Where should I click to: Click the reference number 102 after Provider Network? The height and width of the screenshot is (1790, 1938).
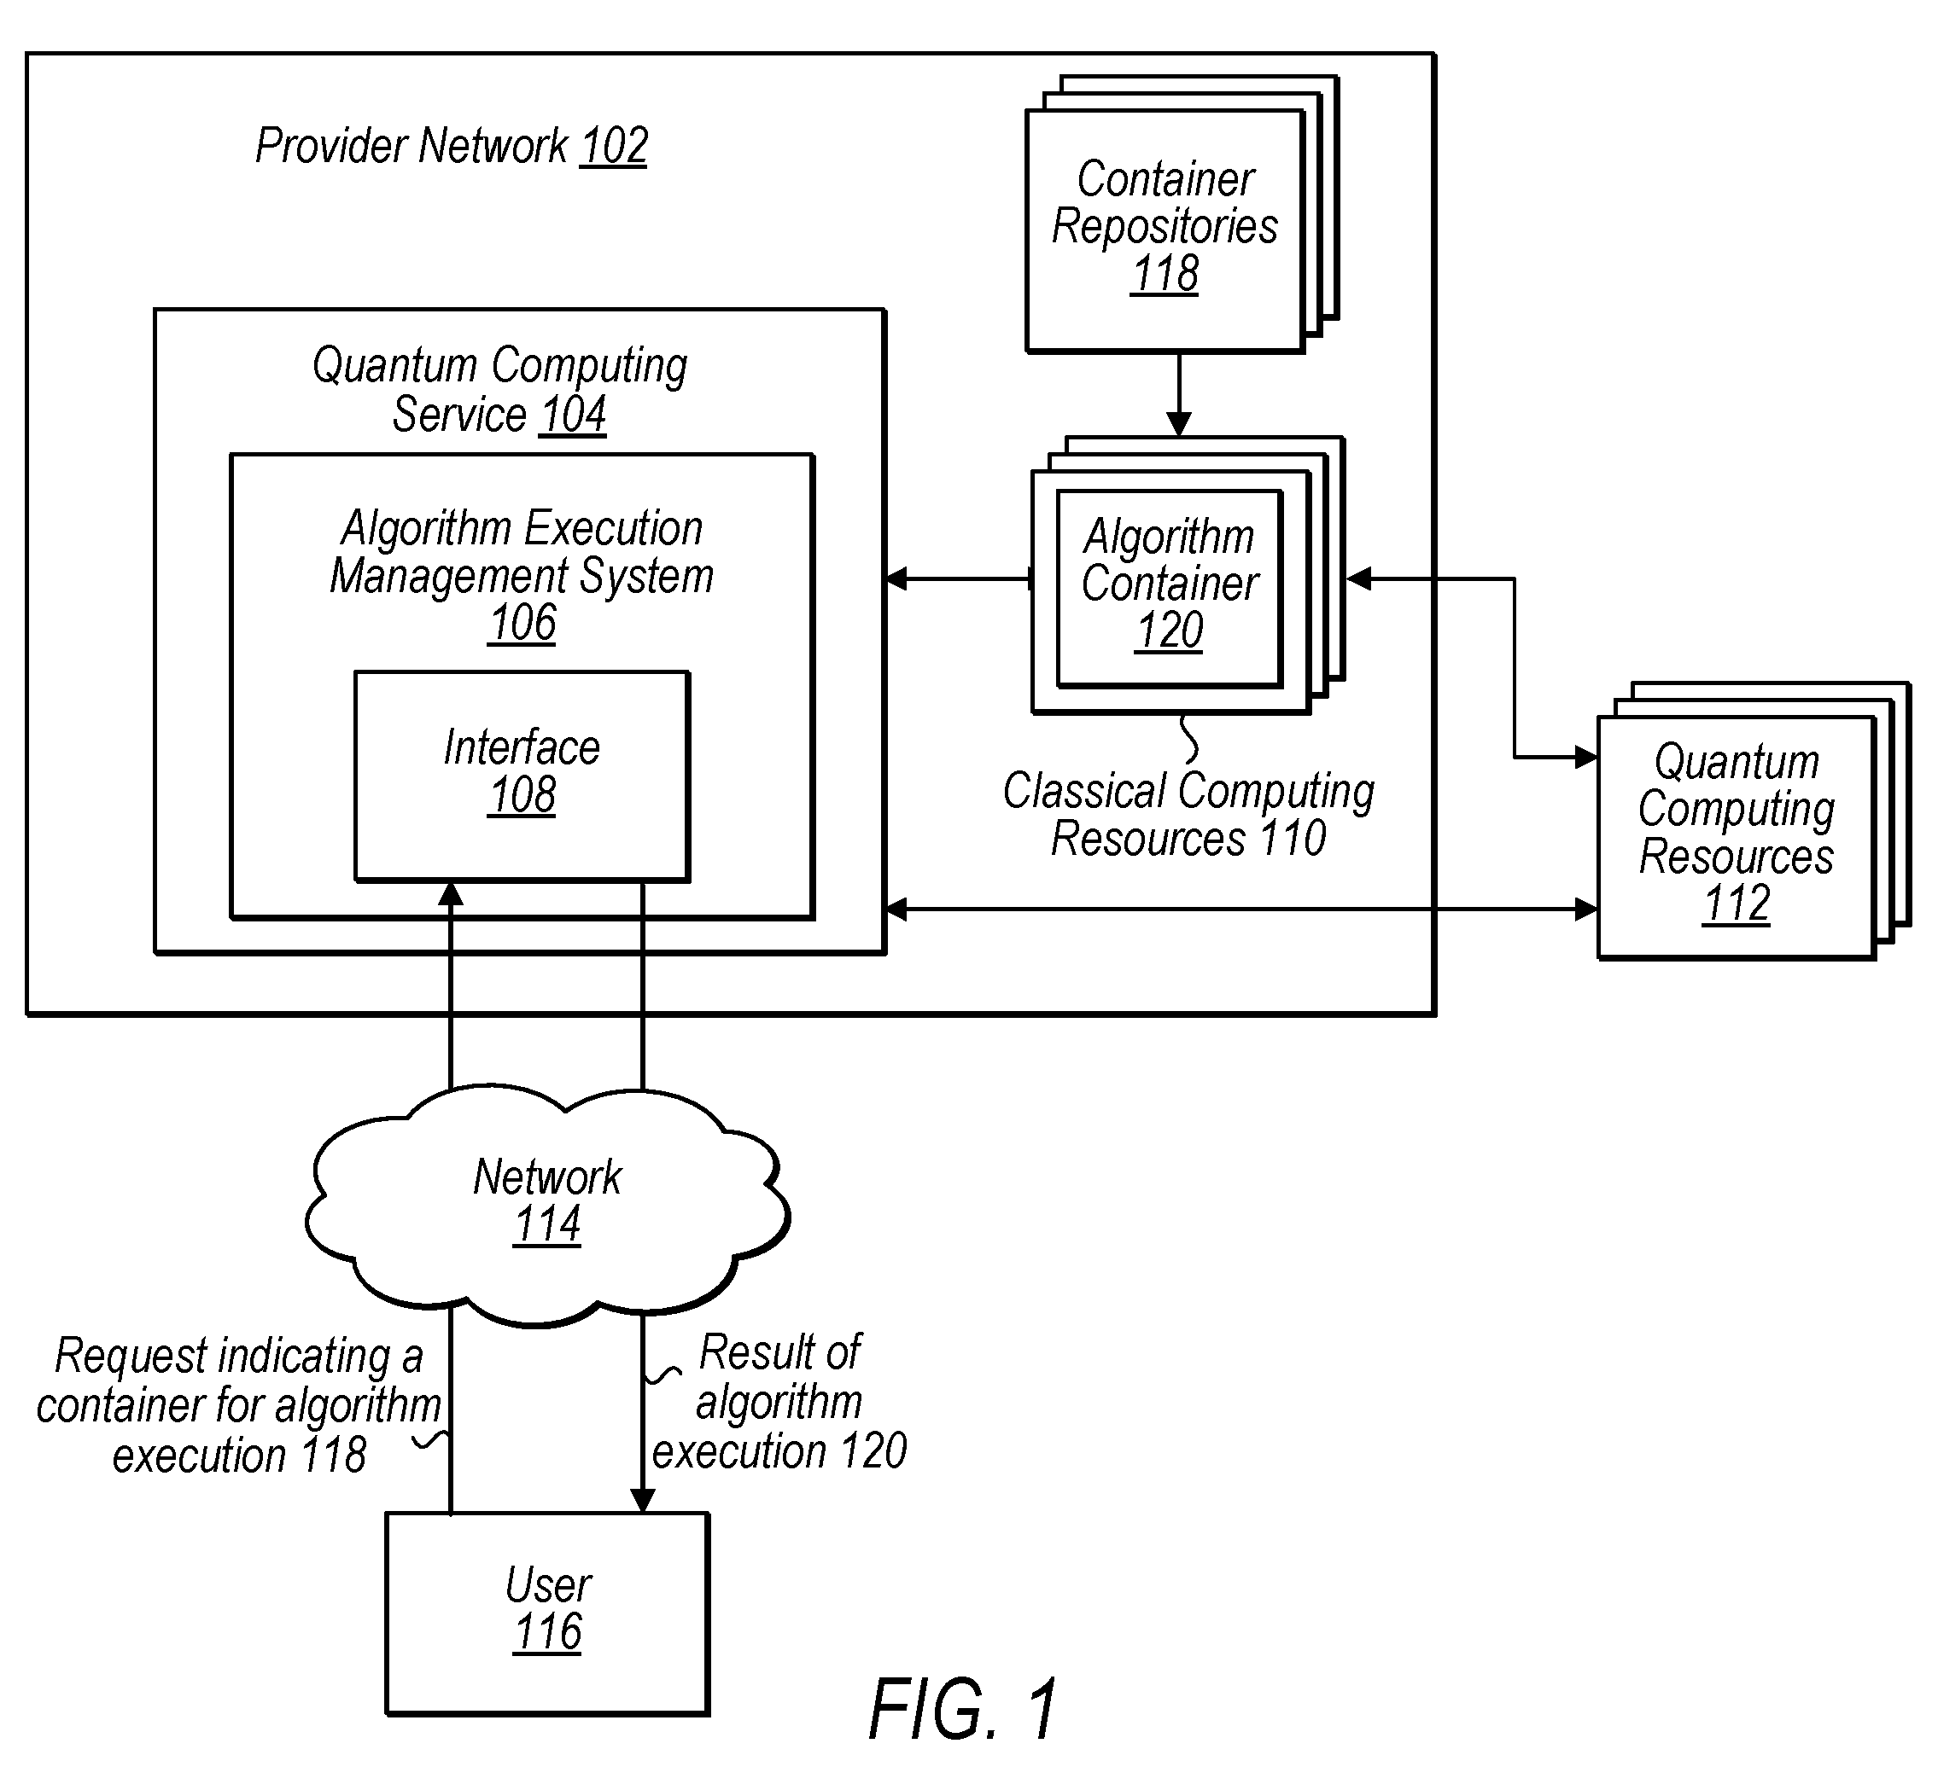[613, 146]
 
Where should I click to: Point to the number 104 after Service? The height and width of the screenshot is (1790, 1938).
[573, 415]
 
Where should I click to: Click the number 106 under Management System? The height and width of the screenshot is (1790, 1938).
[522, 623]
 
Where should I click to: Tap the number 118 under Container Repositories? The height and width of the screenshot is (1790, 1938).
[1165, 273]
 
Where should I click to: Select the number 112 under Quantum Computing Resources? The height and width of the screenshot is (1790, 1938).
[1737, 904]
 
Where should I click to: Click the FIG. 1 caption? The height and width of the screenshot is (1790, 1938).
[963, 1710]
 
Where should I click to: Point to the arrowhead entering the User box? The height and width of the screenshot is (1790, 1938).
[643, 1499]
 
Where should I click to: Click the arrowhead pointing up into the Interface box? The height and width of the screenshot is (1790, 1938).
[451, 894]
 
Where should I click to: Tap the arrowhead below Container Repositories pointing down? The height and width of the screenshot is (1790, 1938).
[1178, 424]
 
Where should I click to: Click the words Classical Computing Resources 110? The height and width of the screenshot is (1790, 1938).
[1189, 814]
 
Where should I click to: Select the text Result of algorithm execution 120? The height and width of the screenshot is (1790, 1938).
[779, 1402]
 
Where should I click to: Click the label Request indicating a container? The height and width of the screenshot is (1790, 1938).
[238, 1380]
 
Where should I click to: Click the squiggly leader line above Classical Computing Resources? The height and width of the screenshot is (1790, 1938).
[1190, 740]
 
